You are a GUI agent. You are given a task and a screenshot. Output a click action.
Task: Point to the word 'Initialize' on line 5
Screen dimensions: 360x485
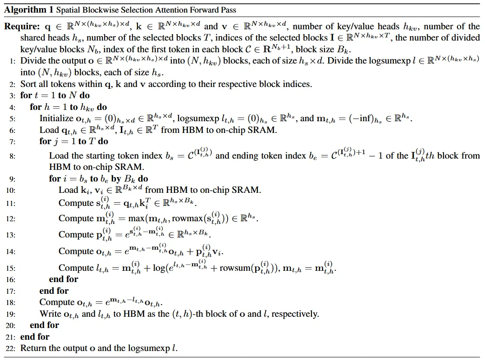click(x=55, y=119)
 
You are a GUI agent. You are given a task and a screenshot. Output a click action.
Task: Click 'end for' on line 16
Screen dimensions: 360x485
click(x=64, y=279)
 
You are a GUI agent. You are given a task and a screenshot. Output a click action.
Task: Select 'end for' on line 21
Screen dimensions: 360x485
click(x=35, y=337)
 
